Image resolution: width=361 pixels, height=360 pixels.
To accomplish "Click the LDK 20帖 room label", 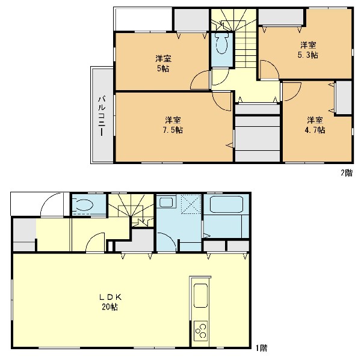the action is [x=110, y=302].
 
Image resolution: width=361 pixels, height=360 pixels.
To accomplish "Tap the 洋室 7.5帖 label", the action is [x=173, y=125].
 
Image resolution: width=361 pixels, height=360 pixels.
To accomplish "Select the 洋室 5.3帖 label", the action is [x=308, y=50].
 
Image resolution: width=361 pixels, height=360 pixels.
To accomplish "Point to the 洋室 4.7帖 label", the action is [x=315, y=125].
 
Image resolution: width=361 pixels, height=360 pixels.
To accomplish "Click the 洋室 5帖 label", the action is [x=163, y=64].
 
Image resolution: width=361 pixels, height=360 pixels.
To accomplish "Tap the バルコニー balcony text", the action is [x=102, y=116].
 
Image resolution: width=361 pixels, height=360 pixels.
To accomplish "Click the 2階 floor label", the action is [x=347, y=172].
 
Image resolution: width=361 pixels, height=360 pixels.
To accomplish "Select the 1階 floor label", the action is [x=262, y=347].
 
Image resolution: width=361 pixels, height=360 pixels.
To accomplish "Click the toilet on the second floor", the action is [x=221, y=43].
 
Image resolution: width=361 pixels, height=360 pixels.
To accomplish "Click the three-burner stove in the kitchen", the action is [x=201, y=331].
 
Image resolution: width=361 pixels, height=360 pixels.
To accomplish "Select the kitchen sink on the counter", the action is [x=200, y=296].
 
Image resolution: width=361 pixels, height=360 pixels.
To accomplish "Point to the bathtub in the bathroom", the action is [x=227, y=204].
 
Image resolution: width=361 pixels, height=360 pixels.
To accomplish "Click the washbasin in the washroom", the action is [x=166, y=203].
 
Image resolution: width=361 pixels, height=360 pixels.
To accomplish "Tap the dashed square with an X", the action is [x=191, y=204].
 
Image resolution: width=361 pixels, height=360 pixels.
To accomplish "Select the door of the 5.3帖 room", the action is [x=270, y=70].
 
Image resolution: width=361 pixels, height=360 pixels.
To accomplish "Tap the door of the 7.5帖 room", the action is [x=221, y=101].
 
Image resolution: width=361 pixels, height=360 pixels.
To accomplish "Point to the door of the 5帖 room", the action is [x=200, y=79].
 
